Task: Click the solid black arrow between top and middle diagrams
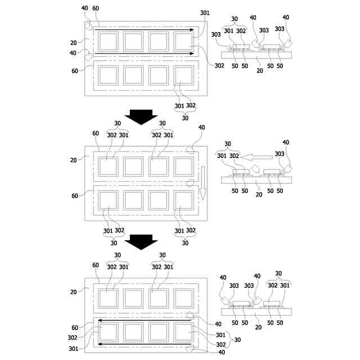click(140, 116)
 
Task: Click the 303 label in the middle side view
click(279, 154)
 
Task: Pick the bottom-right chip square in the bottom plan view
click(184, 332)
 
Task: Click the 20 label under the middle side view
click(259, 194)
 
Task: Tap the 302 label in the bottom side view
click(272, 285)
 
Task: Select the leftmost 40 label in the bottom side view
click(223, 277)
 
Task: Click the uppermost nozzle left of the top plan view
click(89, 26)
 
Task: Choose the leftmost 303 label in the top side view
click(216, 34)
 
